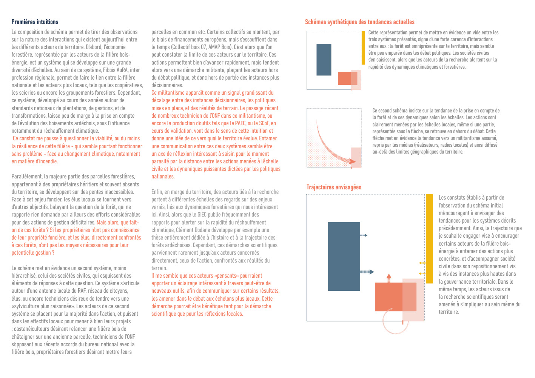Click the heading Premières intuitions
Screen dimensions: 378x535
click(x=35, y=22)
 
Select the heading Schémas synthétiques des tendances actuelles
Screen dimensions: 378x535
click(x=359, y=22)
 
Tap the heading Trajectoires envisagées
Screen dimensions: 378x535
click(x=334, y=187)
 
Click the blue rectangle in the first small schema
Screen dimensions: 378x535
click(x=324, y=60)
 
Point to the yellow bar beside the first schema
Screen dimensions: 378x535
click(x=363, y=48)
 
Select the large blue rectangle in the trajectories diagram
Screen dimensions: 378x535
click(x=344, y=256)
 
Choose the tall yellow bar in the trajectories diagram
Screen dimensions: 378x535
click(x=429, y=238)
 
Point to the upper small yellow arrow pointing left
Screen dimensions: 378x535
click(x=422, y=263)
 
